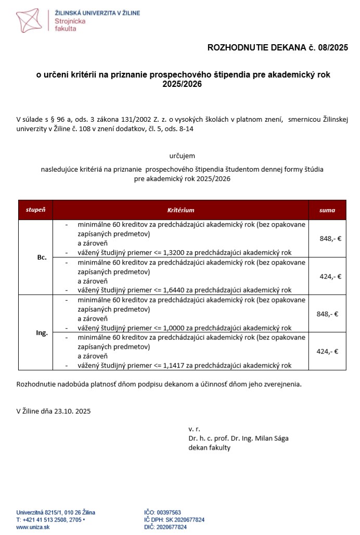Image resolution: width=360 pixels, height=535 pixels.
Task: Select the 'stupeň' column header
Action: (x=35, y=210)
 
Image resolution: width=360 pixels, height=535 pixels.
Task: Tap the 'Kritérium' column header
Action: (x=181, y=210)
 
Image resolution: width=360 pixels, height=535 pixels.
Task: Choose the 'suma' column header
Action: (x=327, y=210)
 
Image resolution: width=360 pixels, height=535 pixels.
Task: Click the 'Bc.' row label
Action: (x=42, y=257)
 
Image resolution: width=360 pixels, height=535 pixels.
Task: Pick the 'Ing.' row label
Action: (x=42, y=333)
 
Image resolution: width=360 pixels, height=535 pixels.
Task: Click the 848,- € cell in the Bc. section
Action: (x=330, y=238)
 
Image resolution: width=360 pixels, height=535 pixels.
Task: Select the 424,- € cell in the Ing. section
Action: (x=327, y=351)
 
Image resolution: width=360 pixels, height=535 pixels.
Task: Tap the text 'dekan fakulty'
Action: (x=209, y=448)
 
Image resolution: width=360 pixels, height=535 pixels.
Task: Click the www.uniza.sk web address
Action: (x=33, y=527)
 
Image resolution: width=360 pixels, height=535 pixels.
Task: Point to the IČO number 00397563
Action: (x=169, y=513)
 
